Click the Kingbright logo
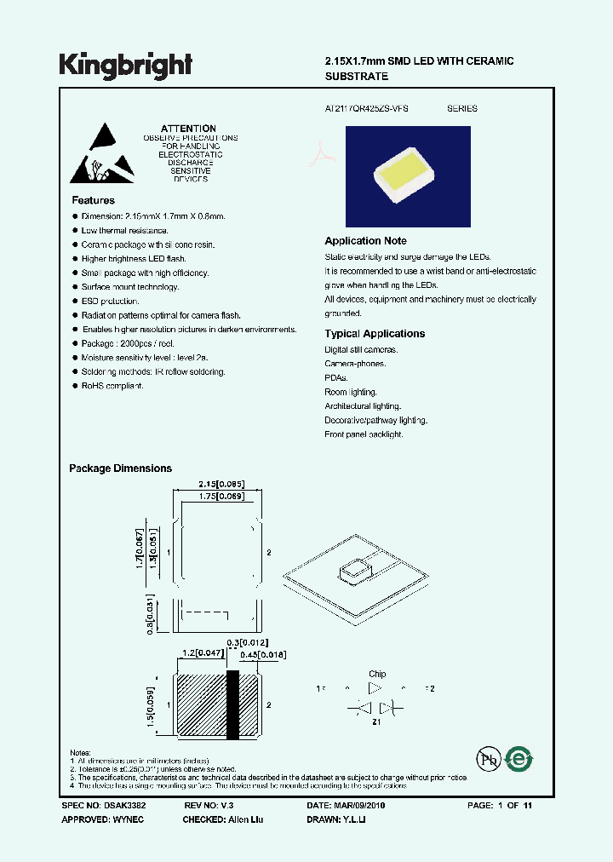coord(125,65)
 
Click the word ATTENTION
coord(188,129)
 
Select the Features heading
coord(94,200)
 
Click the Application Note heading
coord(365,241)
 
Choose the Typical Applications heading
coord(375,334)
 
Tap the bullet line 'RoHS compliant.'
coord(112,386)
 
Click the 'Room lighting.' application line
coord(350,392)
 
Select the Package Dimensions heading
coord(120,468)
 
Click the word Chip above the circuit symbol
coord(376,674)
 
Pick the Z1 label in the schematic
coord(375,721)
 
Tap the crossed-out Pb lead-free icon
coord(486,759)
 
